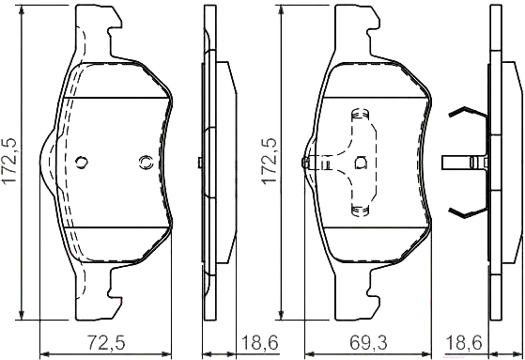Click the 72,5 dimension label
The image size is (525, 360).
pos(106,342)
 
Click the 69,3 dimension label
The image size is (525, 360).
pos(368,342)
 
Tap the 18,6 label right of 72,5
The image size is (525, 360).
pos(260,342)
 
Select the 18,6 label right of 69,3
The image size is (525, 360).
pos(463,342)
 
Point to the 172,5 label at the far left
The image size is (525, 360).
pos(10,160)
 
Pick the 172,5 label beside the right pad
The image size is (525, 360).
pos(270,160)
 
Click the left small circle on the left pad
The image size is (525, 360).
pos(82,163)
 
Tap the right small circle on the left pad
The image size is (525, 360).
pos(146,163)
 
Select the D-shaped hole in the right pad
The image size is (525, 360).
pos(361,163)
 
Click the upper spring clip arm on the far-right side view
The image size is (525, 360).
pos(468,112)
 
